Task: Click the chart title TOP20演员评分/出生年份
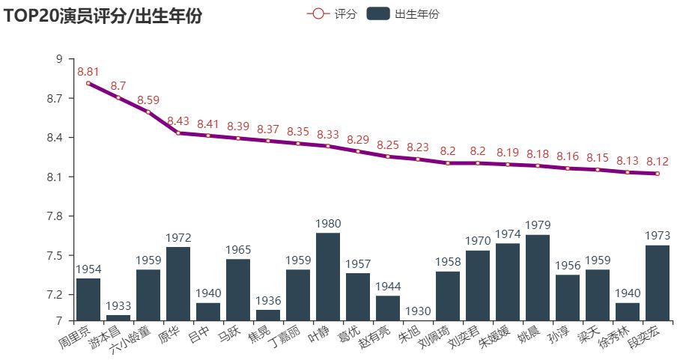(103, 16)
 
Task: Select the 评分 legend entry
(331, 14)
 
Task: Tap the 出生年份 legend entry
(403, 14)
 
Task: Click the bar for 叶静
(328, 277)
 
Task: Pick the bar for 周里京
(88, 300)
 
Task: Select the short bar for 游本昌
(118, 318)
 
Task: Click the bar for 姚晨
(538, 278)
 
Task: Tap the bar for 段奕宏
(658, 284)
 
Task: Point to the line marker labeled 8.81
(88, 83)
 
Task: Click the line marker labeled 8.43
(178, 133)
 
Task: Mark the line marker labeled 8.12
(658, 174)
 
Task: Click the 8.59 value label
(148, 100)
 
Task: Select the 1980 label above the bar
(328, 224)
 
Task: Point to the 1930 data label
(418, 311)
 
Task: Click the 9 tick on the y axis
(59, 59)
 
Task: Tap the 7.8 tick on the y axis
(55, 216)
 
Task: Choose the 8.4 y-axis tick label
(55, 138)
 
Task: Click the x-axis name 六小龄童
(130, 340)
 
